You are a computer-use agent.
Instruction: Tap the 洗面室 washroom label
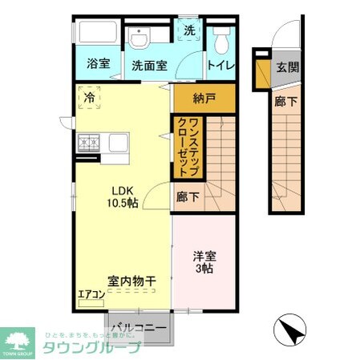point(149,66)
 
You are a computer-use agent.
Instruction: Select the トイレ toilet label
point(220,66)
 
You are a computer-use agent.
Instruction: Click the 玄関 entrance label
point(288,67)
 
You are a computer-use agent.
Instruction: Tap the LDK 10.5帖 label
point(124,196)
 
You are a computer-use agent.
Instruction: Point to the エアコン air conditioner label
point(91,295)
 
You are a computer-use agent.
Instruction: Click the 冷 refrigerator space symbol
point(89,98)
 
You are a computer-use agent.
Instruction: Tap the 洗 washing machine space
point(189,30)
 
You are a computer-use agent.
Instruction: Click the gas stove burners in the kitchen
point(87,144)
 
